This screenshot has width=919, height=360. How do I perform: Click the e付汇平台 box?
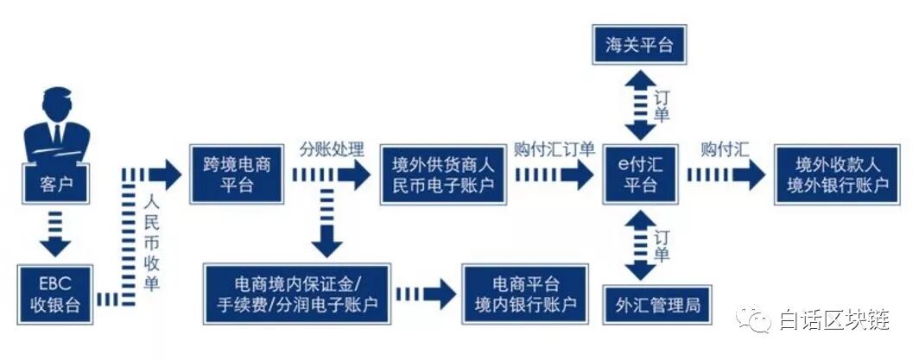tap(640, 174)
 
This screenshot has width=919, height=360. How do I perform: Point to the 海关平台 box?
tap(640, 46)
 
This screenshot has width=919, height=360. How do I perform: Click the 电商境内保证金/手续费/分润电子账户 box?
tap(298, 294)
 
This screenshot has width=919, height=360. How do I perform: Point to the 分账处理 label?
tap(332, 148)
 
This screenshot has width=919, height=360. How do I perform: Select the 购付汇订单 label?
tap(554, 148)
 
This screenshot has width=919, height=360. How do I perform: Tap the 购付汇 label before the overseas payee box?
tap(725, 148)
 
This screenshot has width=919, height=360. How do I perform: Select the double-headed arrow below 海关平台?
tap(640, 105)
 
